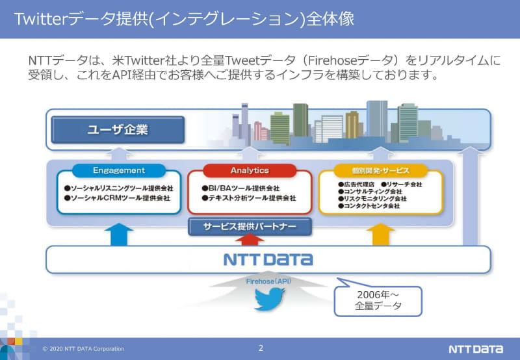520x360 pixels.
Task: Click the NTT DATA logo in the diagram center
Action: pos(268,259)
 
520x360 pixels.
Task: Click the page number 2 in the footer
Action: pos(261,348)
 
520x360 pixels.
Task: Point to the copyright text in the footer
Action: pos(83,349)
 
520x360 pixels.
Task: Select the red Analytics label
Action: pos(250,171)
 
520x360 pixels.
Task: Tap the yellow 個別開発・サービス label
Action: pos(380,171)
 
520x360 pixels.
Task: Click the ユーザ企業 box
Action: pos(118,130)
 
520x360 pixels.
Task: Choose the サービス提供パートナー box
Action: pos(250,227)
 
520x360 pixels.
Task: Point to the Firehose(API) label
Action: pos(268,281)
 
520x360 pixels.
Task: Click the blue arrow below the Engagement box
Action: pos(118,233)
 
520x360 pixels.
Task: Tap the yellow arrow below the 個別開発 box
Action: pos(380,233)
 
